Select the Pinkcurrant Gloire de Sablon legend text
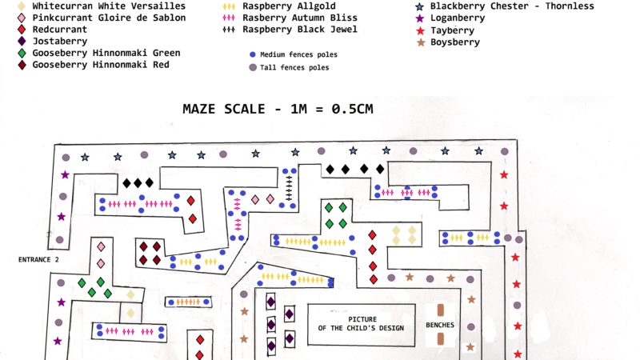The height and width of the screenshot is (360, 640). tap(110, 18)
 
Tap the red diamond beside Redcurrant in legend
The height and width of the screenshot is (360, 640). tap(21, 29)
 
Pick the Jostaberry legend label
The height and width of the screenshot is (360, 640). tap(61, 41)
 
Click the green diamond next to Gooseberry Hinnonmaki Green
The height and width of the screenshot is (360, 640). tap(21, 54)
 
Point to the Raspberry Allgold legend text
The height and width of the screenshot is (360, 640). tap(288, 6)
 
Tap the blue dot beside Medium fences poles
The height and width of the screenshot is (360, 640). tap(252, 55)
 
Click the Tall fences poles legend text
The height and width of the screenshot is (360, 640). tap(294, 68)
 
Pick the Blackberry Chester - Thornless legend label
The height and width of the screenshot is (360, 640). tap(512, 6)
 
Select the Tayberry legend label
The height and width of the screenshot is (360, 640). tap(452, 30)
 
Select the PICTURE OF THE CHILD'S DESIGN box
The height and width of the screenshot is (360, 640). tap(362, 324)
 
